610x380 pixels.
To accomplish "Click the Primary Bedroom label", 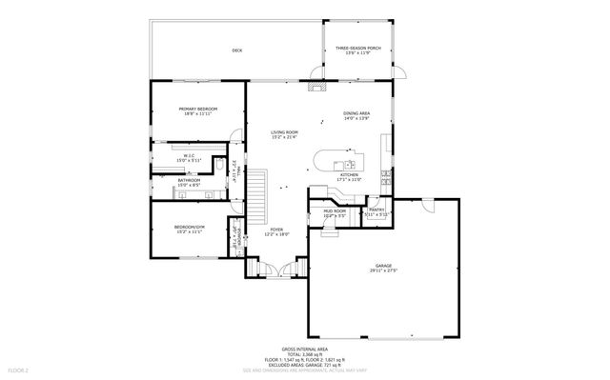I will point(198,110).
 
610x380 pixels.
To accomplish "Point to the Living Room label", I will point(284,132).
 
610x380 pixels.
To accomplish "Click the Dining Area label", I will point(357,113).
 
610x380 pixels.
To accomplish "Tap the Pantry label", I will point(375,211).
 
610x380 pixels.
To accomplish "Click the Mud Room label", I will point(334,211).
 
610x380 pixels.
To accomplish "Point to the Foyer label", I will point(276,230).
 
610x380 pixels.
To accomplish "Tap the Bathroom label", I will point(189,179).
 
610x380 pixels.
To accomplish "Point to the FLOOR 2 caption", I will point(18,369).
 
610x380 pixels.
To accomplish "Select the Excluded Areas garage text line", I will point(304,364).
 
